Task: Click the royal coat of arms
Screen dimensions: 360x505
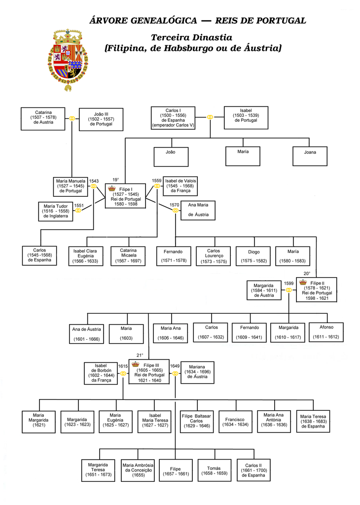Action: (68, 60)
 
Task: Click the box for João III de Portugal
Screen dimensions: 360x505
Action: (101, 119)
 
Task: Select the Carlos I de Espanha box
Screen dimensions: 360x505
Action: (173, 118)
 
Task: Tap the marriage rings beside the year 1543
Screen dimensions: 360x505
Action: (93, 186)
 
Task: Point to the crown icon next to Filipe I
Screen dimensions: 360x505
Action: (112, 188)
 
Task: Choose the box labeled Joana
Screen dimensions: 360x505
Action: (310, 156)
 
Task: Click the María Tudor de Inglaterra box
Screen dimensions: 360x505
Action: (56, 211)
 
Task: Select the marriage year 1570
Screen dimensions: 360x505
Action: (174, 205)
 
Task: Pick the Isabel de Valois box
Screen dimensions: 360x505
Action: (180, 186)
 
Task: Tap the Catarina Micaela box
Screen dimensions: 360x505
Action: (128, 256)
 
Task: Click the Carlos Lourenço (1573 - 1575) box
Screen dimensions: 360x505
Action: (214, 256)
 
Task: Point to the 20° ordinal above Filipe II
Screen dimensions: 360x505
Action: (307, 273)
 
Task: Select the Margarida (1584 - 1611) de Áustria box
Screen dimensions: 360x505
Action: (264, 290)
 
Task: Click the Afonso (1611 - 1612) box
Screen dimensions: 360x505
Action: (326, 332)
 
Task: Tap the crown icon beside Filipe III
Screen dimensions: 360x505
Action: (136, 364)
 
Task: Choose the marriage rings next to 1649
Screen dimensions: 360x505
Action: (175, 374)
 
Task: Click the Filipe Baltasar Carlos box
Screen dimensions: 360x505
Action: (197, 421)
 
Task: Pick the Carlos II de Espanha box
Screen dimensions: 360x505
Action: (253, 470)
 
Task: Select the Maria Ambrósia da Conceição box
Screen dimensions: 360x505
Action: (138, 470)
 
